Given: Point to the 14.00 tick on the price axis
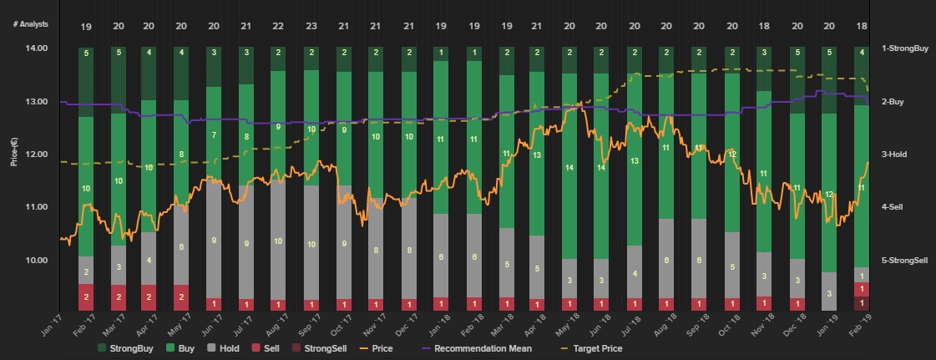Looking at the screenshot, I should click(37, 48).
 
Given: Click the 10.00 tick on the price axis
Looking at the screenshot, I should click(37, 260).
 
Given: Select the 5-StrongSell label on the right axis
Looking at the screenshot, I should click(904, 260).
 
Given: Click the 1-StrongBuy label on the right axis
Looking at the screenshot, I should click(905, 48).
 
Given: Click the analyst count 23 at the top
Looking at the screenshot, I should click(311, 27).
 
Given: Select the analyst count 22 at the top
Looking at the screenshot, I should click(279, 27).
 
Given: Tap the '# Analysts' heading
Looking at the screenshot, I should click(31, 24).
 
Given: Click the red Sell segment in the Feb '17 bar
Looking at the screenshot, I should click(86, 297).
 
